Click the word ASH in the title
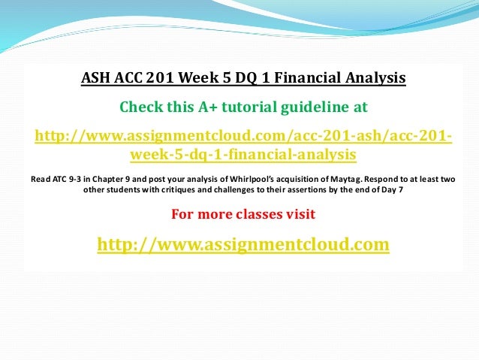(96, 77)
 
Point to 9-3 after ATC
(77, 180)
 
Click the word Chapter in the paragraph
(110, 180)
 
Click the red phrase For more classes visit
(243, 214)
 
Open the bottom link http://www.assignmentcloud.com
(243, 244)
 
